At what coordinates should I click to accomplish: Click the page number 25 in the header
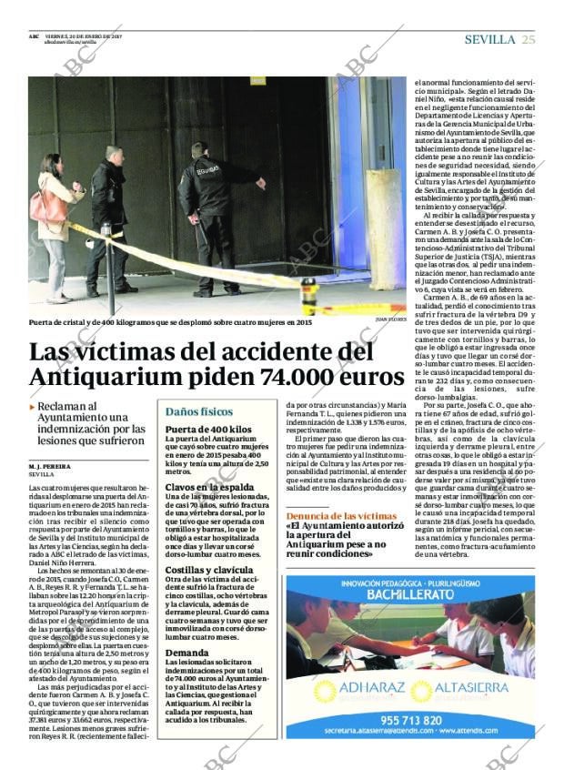tap(529, 39)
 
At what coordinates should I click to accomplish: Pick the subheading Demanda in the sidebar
tap(187, 653)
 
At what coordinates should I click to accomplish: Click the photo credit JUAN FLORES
tap(390, 319)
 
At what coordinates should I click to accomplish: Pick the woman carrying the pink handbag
tap(55, 222)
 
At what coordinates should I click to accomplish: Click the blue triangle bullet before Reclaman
tap(33, 408)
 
